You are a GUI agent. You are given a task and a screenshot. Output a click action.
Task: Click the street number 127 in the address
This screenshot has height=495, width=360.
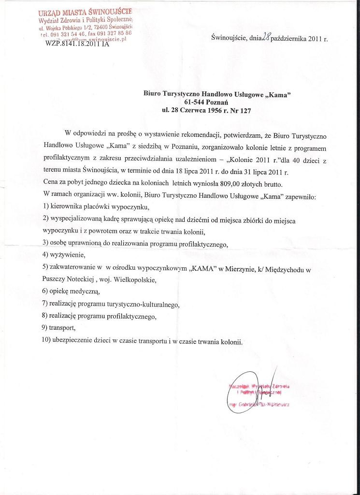tap(245, 110)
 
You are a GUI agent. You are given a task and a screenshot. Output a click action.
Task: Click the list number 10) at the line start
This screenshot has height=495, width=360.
tap(47, 342)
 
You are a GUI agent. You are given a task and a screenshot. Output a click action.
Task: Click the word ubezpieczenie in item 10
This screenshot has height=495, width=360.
tap(75, 342)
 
